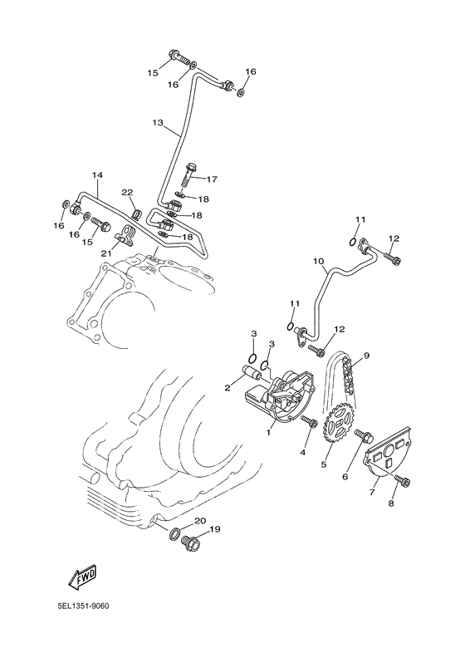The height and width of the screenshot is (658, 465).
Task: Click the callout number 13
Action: click(x=158, y=123)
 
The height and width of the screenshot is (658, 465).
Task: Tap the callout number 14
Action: click(x=97, y=175)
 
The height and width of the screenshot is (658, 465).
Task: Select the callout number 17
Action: click(x=212, y=179)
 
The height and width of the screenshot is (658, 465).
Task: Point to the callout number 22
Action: click(x=127, y=193)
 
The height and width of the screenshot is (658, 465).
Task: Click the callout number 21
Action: click(x=105, y=253)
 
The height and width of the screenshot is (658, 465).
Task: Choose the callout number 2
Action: click(x=227, y=387)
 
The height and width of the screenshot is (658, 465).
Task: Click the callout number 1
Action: click(x=268, y=433)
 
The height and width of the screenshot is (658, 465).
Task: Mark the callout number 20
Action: click(x=199, y=521)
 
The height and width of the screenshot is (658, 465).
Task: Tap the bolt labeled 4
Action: click(x=311, y=424)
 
